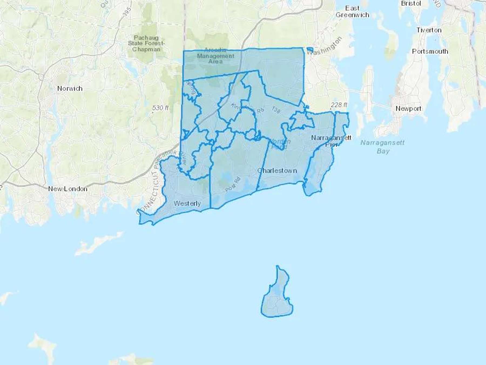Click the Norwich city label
point(70,88)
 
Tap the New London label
point(68,189)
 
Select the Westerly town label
point(187,203)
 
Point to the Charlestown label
point(277,171)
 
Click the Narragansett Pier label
point(331,141)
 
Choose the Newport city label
point(408,108)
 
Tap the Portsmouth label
point(430,51)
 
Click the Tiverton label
point(429,30)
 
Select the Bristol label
point(411,4)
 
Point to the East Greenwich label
point(352,12)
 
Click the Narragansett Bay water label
point(383,146)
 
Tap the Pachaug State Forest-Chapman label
point(146,44)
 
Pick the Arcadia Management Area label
point(215,56)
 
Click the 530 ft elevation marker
point(160,108)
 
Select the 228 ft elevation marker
point(339,105)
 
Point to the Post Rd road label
point(232,185)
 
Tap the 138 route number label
point(276,110)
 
